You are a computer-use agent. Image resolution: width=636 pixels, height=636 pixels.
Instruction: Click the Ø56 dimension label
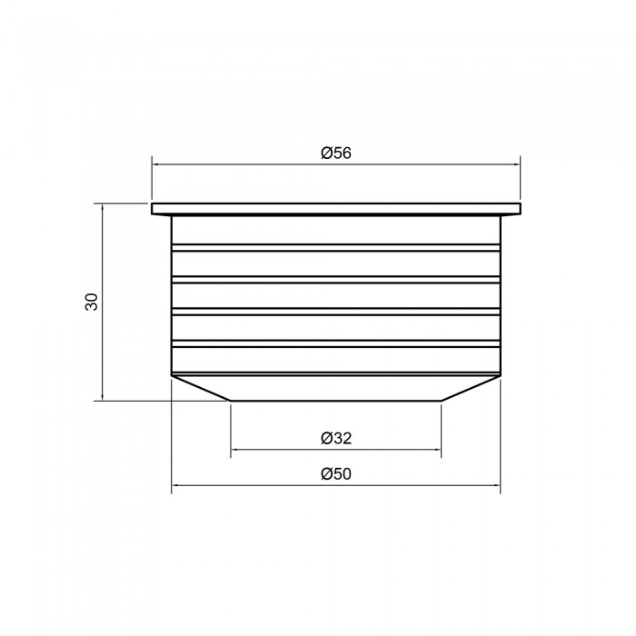click(336, 153)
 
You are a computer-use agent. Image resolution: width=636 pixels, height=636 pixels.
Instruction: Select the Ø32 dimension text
click(336, 438)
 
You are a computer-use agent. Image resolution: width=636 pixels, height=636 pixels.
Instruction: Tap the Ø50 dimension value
click(336, 473)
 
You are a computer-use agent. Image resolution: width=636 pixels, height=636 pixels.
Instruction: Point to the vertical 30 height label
click(92, 302)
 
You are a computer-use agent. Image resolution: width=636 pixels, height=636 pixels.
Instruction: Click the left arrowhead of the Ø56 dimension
click(155, 164)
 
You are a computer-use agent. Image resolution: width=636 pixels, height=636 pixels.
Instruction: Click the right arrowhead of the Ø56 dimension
click(517, 164)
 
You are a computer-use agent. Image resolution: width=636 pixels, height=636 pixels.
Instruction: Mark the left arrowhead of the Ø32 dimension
click(234, 450)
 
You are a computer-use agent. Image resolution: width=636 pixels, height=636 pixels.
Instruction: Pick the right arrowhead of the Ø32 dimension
click(438, 450)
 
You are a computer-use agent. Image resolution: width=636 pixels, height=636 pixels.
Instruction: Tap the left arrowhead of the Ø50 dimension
click(174, 484)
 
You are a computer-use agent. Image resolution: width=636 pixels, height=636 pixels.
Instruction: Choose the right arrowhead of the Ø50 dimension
click(497, 484)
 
